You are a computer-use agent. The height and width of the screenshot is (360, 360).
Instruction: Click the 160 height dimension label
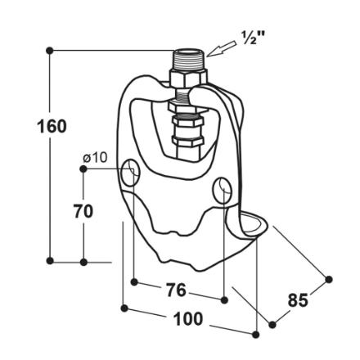pyautogui.click(x=52, y=127)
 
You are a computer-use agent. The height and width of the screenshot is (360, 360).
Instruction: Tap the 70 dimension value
pyautogui.click(x=83, y=211)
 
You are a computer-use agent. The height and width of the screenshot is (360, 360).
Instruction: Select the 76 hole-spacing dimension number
pyautogui.click(x=176, y=290)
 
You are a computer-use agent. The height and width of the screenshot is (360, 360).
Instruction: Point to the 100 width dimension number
pyautogui.click(x=188, y=318)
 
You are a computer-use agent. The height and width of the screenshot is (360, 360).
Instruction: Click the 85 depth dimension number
pyautogui.click(x=298, y=300)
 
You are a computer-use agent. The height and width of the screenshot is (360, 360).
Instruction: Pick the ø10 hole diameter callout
pyautogui.click(x=96, y=158)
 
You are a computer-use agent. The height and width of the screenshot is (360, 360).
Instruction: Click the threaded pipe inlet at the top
pyautogui.click(x=188, y=59)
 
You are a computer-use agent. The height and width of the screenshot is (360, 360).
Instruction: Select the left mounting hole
pyautogui.click(x=130, y=173)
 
